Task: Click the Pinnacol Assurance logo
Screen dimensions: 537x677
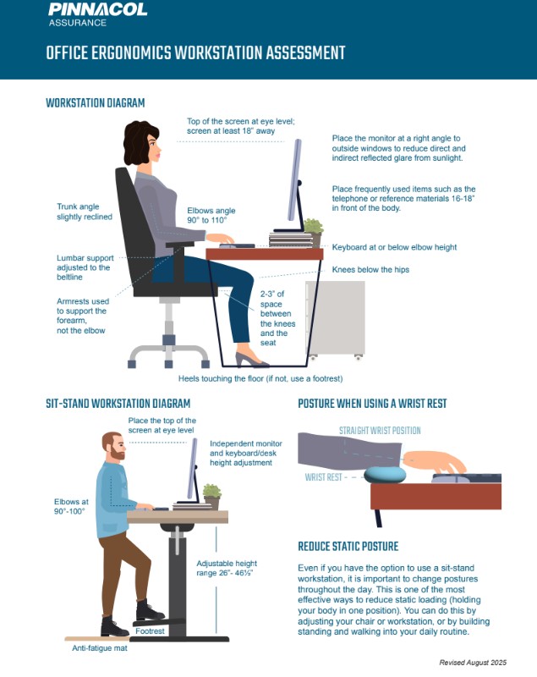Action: [98, 14]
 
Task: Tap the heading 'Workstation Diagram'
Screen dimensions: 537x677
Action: [96, 103]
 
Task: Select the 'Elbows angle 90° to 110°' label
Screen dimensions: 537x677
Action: [211, 216]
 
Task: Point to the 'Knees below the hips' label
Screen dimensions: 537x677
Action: [370, 269]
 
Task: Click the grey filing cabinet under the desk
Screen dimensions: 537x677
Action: [335, 320]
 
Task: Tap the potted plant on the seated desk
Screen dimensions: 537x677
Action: [314, 232]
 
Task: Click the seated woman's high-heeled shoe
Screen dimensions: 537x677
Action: [251, 358]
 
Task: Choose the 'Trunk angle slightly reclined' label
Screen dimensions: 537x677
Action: [85, 212]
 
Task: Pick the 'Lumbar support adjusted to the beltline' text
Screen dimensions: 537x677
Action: [85, 267]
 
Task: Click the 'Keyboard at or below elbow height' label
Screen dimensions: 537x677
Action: [394, 247]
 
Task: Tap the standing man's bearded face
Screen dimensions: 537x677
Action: [115, 447]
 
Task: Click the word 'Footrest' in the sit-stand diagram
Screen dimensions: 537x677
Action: [150, 630]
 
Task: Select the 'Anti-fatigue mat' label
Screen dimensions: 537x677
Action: [100, 648]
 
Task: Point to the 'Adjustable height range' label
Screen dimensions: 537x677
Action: [227, 568]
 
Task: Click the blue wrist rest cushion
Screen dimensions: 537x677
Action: [385, 476]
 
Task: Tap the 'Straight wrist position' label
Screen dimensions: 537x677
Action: [380, 431]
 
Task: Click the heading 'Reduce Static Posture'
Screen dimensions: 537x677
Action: [348, 547]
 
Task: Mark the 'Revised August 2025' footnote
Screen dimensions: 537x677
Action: [473, 663]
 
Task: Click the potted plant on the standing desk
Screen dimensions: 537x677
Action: [211, 497]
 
